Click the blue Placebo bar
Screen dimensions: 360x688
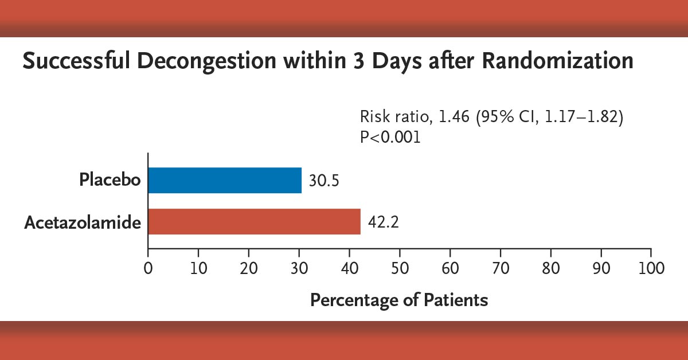point(225,180)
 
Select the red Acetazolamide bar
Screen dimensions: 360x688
point(254,221)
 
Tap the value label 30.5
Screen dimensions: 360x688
point(324,181)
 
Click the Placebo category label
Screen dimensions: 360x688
point(110,180)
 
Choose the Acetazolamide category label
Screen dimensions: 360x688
point(83,222)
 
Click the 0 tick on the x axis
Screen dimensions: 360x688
point(148,267)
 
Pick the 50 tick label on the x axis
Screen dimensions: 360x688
point(400,267)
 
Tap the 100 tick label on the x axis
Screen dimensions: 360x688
point(650,267)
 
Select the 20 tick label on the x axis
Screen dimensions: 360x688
point(249,267)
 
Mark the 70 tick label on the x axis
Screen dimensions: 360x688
point(501,267)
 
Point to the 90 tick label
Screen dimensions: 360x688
point(601,267)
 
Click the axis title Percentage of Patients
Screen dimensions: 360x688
point(399,300)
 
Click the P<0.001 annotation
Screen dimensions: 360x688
point(390,138)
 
